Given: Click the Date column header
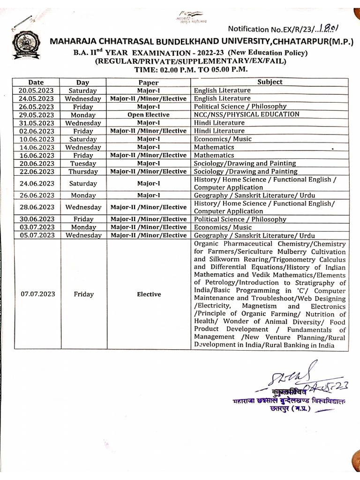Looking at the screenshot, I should (x=36, y=82).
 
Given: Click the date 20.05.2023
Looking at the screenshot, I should (x=37, y=90).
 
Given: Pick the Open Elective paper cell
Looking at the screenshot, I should (x=148, y=115).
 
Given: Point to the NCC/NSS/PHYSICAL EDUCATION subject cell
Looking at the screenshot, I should (x=246, y=114).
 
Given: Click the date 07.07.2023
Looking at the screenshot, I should (x=38, y=294).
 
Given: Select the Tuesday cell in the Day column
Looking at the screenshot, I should (x=83, y=164).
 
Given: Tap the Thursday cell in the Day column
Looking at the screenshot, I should (x=83, y=172).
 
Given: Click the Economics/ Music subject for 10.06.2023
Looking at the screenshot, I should (x=223, y=139).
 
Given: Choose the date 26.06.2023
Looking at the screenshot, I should (x=37, y=195).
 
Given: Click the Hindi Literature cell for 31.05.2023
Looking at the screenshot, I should (x=219, y=123).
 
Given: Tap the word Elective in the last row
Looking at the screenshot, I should (x=149, y=294).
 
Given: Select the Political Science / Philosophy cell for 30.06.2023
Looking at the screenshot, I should (x=240, y=219).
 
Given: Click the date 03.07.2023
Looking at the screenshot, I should (x=37, y=227).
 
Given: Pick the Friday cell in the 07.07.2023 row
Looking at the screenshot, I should (x=83, y=294).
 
